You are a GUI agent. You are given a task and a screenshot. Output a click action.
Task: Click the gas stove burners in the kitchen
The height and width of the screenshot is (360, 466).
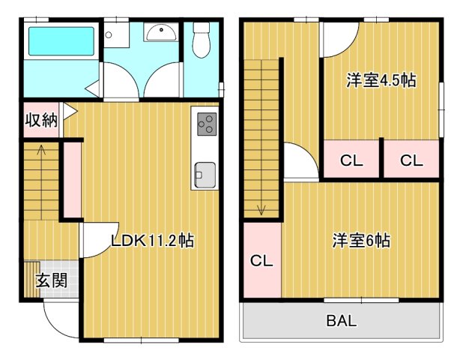pyautogui.click(x=205, y=124)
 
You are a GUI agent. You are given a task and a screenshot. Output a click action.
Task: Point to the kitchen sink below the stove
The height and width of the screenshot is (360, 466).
pyautogui.click(x=205, y=175)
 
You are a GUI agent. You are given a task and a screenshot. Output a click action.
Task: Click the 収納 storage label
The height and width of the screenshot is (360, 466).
pyautogui.click(x=40, y=120)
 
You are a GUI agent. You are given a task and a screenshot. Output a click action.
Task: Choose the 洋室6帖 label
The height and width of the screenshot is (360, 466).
pyautogui.click(x=361, y=241)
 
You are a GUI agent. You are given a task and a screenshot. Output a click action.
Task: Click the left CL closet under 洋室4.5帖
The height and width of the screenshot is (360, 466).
pyautogui.click(x=351, y=160)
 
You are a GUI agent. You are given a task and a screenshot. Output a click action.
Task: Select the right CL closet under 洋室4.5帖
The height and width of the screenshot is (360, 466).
pyautogui.click(x=410, y=160)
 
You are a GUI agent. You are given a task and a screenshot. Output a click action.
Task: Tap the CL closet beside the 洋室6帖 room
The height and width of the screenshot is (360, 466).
pyautogui.click(x=261, y=261)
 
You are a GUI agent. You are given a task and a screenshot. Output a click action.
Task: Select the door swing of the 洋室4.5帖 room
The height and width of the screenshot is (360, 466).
pyautogui.click(x=338, y=41)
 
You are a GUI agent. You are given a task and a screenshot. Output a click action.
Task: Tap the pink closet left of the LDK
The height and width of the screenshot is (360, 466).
pyautogui.click(x=72, y=179)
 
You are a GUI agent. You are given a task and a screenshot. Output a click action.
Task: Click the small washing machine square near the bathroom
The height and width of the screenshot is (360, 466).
pyautogui.click(x=109, y=34)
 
